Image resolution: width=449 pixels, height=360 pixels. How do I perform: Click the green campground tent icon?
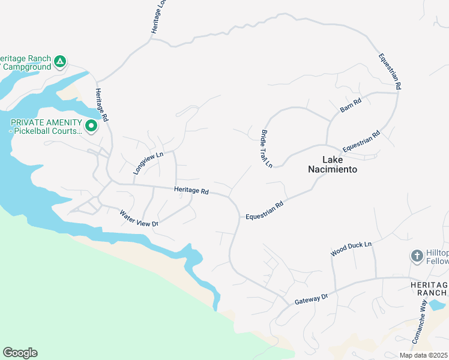click(59, 61)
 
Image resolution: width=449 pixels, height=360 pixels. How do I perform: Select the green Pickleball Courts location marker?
click(91, 126)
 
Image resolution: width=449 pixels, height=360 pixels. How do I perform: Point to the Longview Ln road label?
click(148, 163)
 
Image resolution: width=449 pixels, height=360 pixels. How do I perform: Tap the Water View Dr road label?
click(138, 218)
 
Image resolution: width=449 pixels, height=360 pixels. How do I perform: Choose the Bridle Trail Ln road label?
click(267, 148)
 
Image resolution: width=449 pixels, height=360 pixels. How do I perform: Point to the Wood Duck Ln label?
click(352, 249)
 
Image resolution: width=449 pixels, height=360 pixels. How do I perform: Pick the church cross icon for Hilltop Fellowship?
click(417, 256)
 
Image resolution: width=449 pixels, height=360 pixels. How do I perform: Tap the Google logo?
click(20, 353)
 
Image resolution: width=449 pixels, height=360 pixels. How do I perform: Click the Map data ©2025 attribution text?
click(423, 355)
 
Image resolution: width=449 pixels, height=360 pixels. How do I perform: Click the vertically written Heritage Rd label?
click(101, 106)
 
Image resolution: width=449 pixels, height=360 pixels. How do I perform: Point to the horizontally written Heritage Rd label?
click(191, 191)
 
